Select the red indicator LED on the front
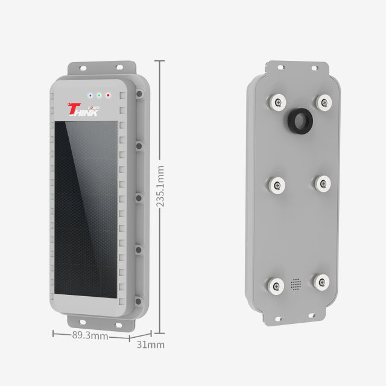109,95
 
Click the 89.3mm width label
90,335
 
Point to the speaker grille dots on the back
296,283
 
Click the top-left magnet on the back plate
277,102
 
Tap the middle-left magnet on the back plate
277,183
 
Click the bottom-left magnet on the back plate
276,285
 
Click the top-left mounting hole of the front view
83,66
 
